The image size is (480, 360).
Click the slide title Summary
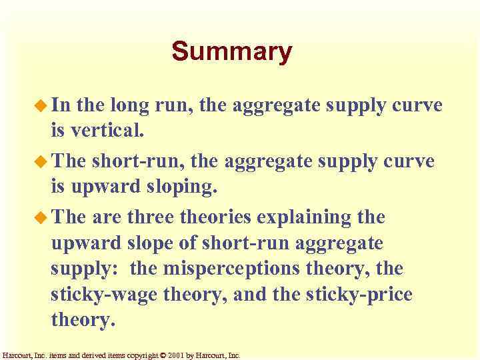point(231,52)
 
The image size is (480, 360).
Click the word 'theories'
point(217,217)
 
